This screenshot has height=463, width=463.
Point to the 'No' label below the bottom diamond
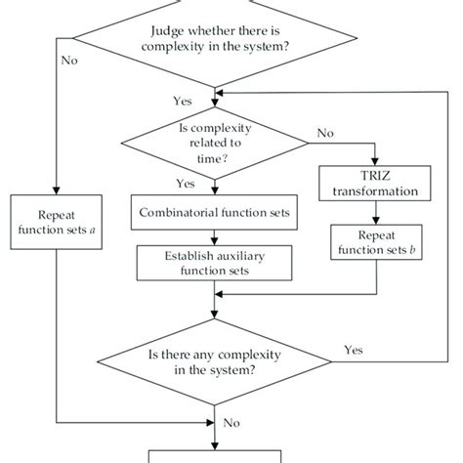[x=231, y=423]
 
